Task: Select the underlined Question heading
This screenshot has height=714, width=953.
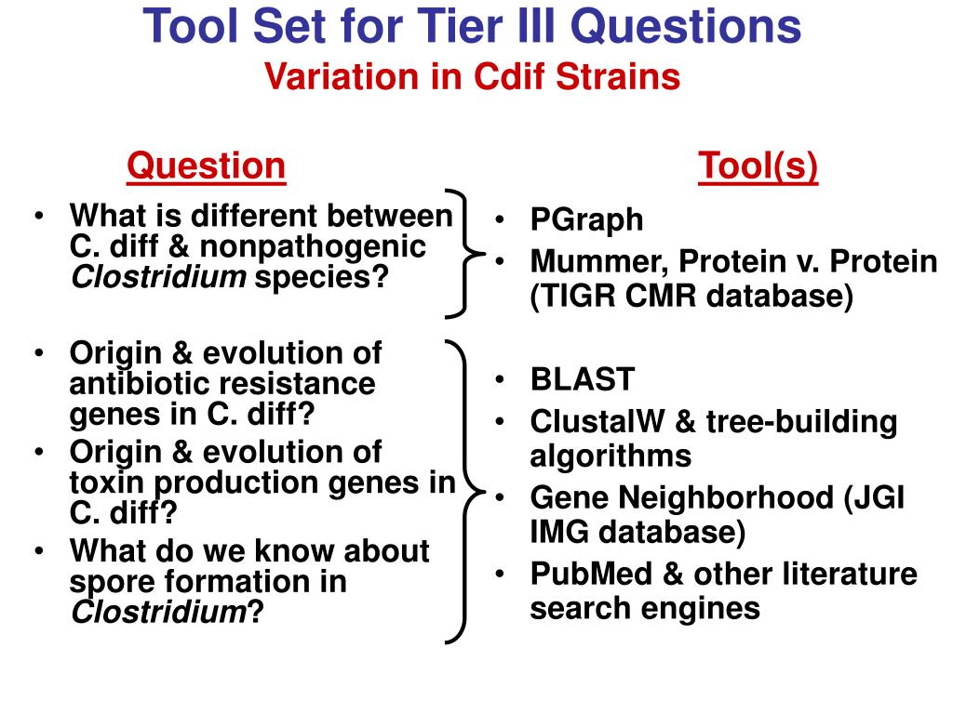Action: [x=206, y=166]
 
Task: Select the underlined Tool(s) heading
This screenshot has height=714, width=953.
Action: [x=758, y=166]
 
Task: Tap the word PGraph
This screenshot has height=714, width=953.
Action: [x=586, y=220]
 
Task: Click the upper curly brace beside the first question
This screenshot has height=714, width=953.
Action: [x=464, y=251]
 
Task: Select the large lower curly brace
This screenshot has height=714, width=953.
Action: [x=463, y=492]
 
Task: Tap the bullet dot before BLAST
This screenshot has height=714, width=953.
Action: [x=501, y=379]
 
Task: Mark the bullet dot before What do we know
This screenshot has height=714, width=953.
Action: [x=40, y=551]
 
